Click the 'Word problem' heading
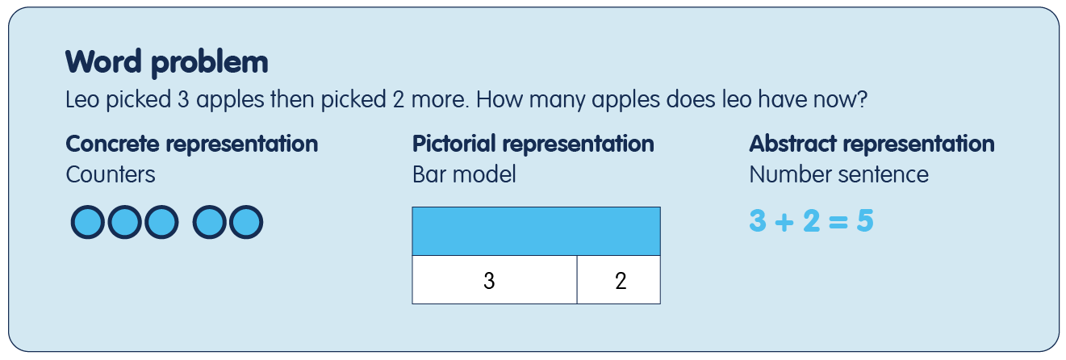[x=166, y=62]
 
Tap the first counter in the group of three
[x=88, y=222]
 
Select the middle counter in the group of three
[x=125, y=222]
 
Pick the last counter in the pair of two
[x=246, y=222]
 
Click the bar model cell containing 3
[x=495, y=280]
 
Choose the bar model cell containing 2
[x=619, y=280]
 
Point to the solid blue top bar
[x=537, y=232]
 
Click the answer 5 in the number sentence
[x=865, y=221]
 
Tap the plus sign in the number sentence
[x=784, y=222]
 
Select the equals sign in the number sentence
[x=838, y=222]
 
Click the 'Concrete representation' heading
[x=192, y=144]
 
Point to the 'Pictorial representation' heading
[x=533, y=144]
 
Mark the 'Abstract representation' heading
[x=872, y=144]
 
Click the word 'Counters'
[x=111, y=175]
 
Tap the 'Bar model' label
[x=464, y=175]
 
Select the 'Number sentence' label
[x=839, y=175]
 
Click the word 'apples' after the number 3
[x=230, y=100]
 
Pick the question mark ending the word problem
[x=862, y=99]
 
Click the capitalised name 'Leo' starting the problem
[x=82, y=99]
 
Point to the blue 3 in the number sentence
[x=758, y=221]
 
